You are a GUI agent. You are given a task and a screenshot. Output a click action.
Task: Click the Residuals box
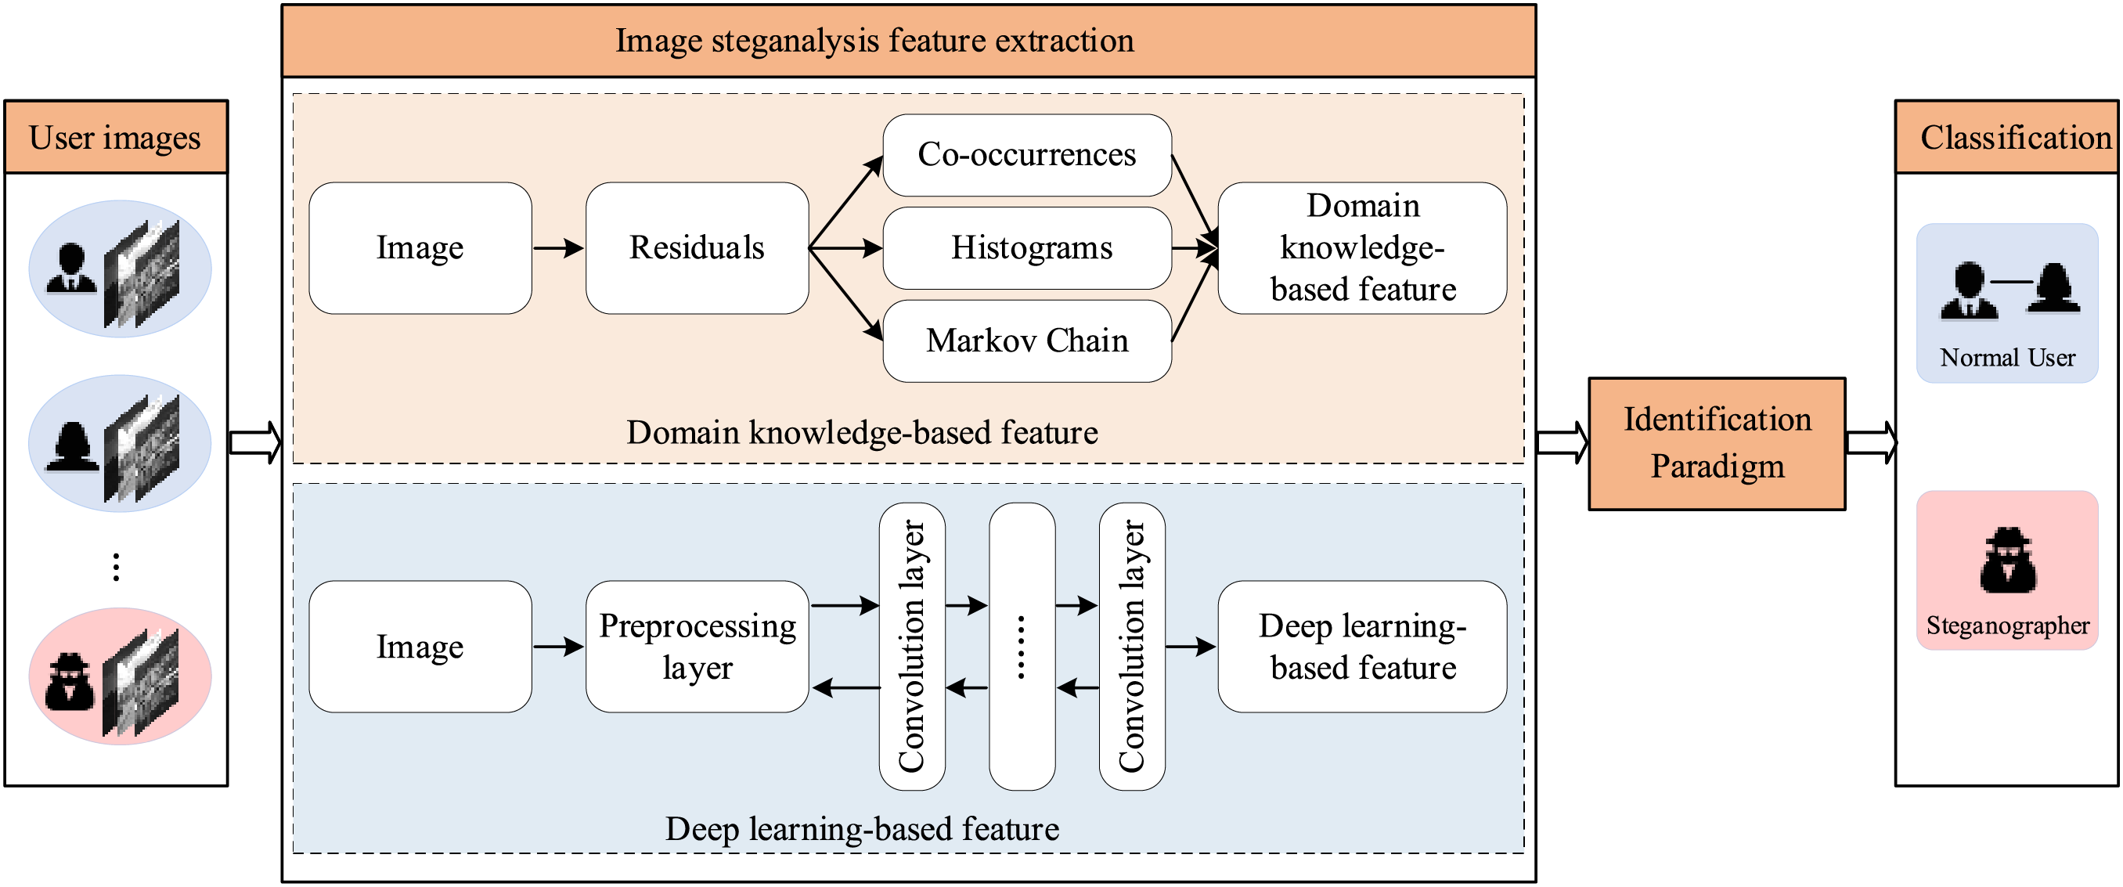[x=697, y=248]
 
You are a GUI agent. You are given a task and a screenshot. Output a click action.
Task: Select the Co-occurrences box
[x=1027, y=155]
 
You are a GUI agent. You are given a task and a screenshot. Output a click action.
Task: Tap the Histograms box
[x=1027, y=248]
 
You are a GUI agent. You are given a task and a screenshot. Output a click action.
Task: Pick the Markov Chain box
[x=1027, y=341]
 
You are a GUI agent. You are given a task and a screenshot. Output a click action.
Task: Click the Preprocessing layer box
[x=697, y=647]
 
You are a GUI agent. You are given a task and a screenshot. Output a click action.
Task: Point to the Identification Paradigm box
[x=1717, y=443]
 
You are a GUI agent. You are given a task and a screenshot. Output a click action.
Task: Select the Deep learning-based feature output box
[x=1362, y=647]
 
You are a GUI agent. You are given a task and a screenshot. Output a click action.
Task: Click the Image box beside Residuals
[x=420, y=248]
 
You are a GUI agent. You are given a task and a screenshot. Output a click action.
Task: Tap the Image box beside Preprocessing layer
[x=420, y=647]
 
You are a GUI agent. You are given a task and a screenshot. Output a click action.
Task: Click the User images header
[x=116, y=137]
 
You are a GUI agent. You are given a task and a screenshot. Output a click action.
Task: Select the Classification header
[x=2008, y=137]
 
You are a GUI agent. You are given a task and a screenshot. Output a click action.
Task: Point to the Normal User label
[x=2008, y=358]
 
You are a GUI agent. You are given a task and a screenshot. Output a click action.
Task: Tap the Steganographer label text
[x=2008, y=626]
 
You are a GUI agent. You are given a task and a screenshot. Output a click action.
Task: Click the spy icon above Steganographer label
[x=2008, y=560]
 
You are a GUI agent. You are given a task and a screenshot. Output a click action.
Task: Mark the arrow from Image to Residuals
[x=559, y=248]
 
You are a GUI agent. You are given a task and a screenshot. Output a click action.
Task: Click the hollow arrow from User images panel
[x=255, y=442]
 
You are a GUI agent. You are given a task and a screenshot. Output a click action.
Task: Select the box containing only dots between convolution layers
[x=1022, y=647]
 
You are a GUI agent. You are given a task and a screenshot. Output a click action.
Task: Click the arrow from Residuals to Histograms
[x=845, y=248]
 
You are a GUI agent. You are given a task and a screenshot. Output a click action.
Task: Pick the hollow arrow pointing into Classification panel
[x=1872, y=442]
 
